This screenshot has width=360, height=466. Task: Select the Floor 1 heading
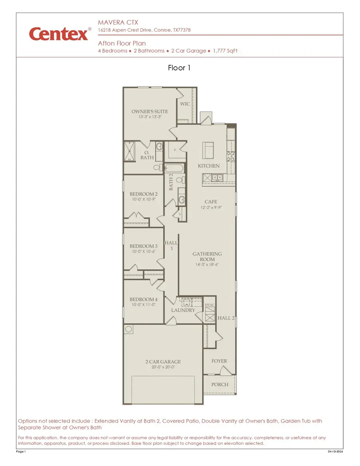click(179, 68)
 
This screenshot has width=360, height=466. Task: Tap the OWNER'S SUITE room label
click(150, 112)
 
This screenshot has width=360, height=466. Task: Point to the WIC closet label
click(185, 104)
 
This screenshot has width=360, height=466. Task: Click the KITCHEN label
click(208, 166)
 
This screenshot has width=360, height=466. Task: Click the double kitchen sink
click(218, 177)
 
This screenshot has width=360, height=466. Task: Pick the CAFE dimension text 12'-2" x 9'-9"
click(211, 208)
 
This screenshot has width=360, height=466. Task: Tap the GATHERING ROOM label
click(207, 256)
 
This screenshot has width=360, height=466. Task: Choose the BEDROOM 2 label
click(143, 194)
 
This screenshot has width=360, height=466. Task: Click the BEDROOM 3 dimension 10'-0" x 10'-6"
click(143, 252)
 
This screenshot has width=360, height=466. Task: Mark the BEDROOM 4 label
click(143, 299)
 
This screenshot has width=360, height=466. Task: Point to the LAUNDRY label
click(183, 310)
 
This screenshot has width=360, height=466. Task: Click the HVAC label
click(210, 305)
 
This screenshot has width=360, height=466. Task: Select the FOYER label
click(219, 361)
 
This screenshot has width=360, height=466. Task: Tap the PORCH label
click(220, 384)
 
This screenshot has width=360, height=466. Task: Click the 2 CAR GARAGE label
click(163, 362)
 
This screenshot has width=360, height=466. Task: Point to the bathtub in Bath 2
click(174, 168)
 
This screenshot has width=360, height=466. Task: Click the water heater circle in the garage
click(129, 329)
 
